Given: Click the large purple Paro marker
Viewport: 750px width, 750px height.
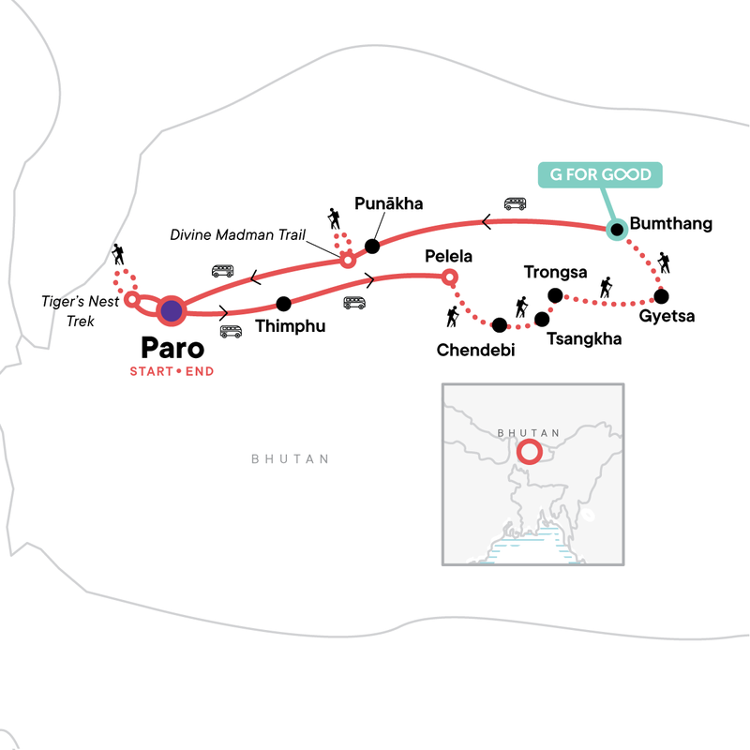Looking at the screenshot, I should [171, 310].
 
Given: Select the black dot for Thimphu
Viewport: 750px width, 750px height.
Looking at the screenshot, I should [284, 304].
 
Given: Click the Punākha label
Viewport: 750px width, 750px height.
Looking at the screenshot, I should [389, 203].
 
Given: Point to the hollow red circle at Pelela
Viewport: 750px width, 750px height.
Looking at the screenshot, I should [449, 277].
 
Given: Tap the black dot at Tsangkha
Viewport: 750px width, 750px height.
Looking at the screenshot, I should [541, 319].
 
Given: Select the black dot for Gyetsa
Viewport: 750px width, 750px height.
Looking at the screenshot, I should [661, 296].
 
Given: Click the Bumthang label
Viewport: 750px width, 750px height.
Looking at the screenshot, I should [672, 224].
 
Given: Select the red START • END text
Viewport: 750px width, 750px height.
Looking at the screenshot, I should [172, 372].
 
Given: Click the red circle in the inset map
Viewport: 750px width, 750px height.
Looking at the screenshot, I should [529, 452].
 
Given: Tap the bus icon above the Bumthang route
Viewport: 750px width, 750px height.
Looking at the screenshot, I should [515, 202].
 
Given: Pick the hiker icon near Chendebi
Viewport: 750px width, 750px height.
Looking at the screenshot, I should [453, 317].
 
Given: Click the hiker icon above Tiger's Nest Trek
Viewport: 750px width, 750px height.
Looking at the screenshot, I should [117, 253].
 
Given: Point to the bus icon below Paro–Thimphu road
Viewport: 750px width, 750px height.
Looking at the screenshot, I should [231, 331].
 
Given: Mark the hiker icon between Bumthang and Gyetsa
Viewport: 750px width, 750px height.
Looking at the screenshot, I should [664, 262].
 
